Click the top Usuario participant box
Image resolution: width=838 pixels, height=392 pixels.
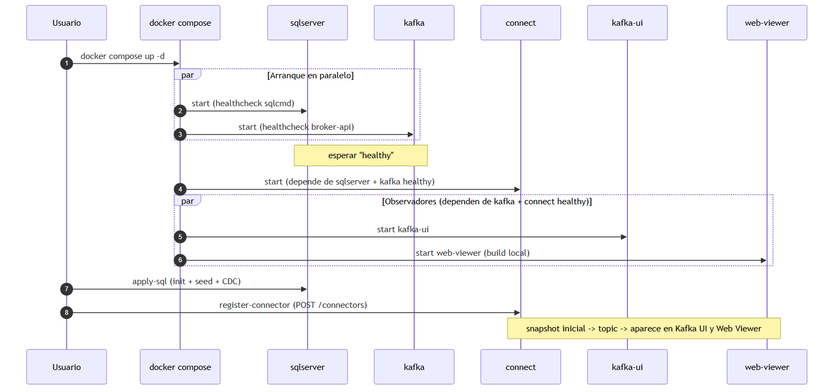tap(66, 23)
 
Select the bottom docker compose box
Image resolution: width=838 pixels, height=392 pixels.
tap(180, 367)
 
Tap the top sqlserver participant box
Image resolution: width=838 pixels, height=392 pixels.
tap(308, 23)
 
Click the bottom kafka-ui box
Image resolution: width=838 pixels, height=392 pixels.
tap(627, 367)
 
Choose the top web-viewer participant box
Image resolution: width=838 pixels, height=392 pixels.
tap(767, 23)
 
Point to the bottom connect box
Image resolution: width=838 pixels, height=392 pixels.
tap(521, 367)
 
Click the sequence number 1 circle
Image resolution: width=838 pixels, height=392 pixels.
tap(66, 63)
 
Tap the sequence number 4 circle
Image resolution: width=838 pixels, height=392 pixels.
tap(180, 189)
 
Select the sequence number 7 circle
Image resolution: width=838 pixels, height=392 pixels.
tap(66, 289)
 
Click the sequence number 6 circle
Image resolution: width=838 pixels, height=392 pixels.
tap(180, 260)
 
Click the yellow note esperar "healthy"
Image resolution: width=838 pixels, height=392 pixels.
tap(361, 156)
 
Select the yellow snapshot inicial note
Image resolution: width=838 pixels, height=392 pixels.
tap(644, 328)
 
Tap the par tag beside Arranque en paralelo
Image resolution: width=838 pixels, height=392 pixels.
tap(188, 75)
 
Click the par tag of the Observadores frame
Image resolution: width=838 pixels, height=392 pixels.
tap(188, 201)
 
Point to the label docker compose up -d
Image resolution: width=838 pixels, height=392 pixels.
tap(122, 56)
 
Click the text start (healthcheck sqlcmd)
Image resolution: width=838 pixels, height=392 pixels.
tap(243, 103)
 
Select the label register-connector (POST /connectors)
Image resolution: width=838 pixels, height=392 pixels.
tap(293, 305)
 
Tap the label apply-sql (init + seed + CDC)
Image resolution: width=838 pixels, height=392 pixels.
tap(186, 281)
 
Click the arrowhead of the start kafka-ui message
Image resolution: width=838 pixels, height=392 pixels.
tap(624, 237)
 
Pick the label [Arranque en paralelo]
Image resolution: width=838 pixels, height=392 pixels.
tap(310, 75)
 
